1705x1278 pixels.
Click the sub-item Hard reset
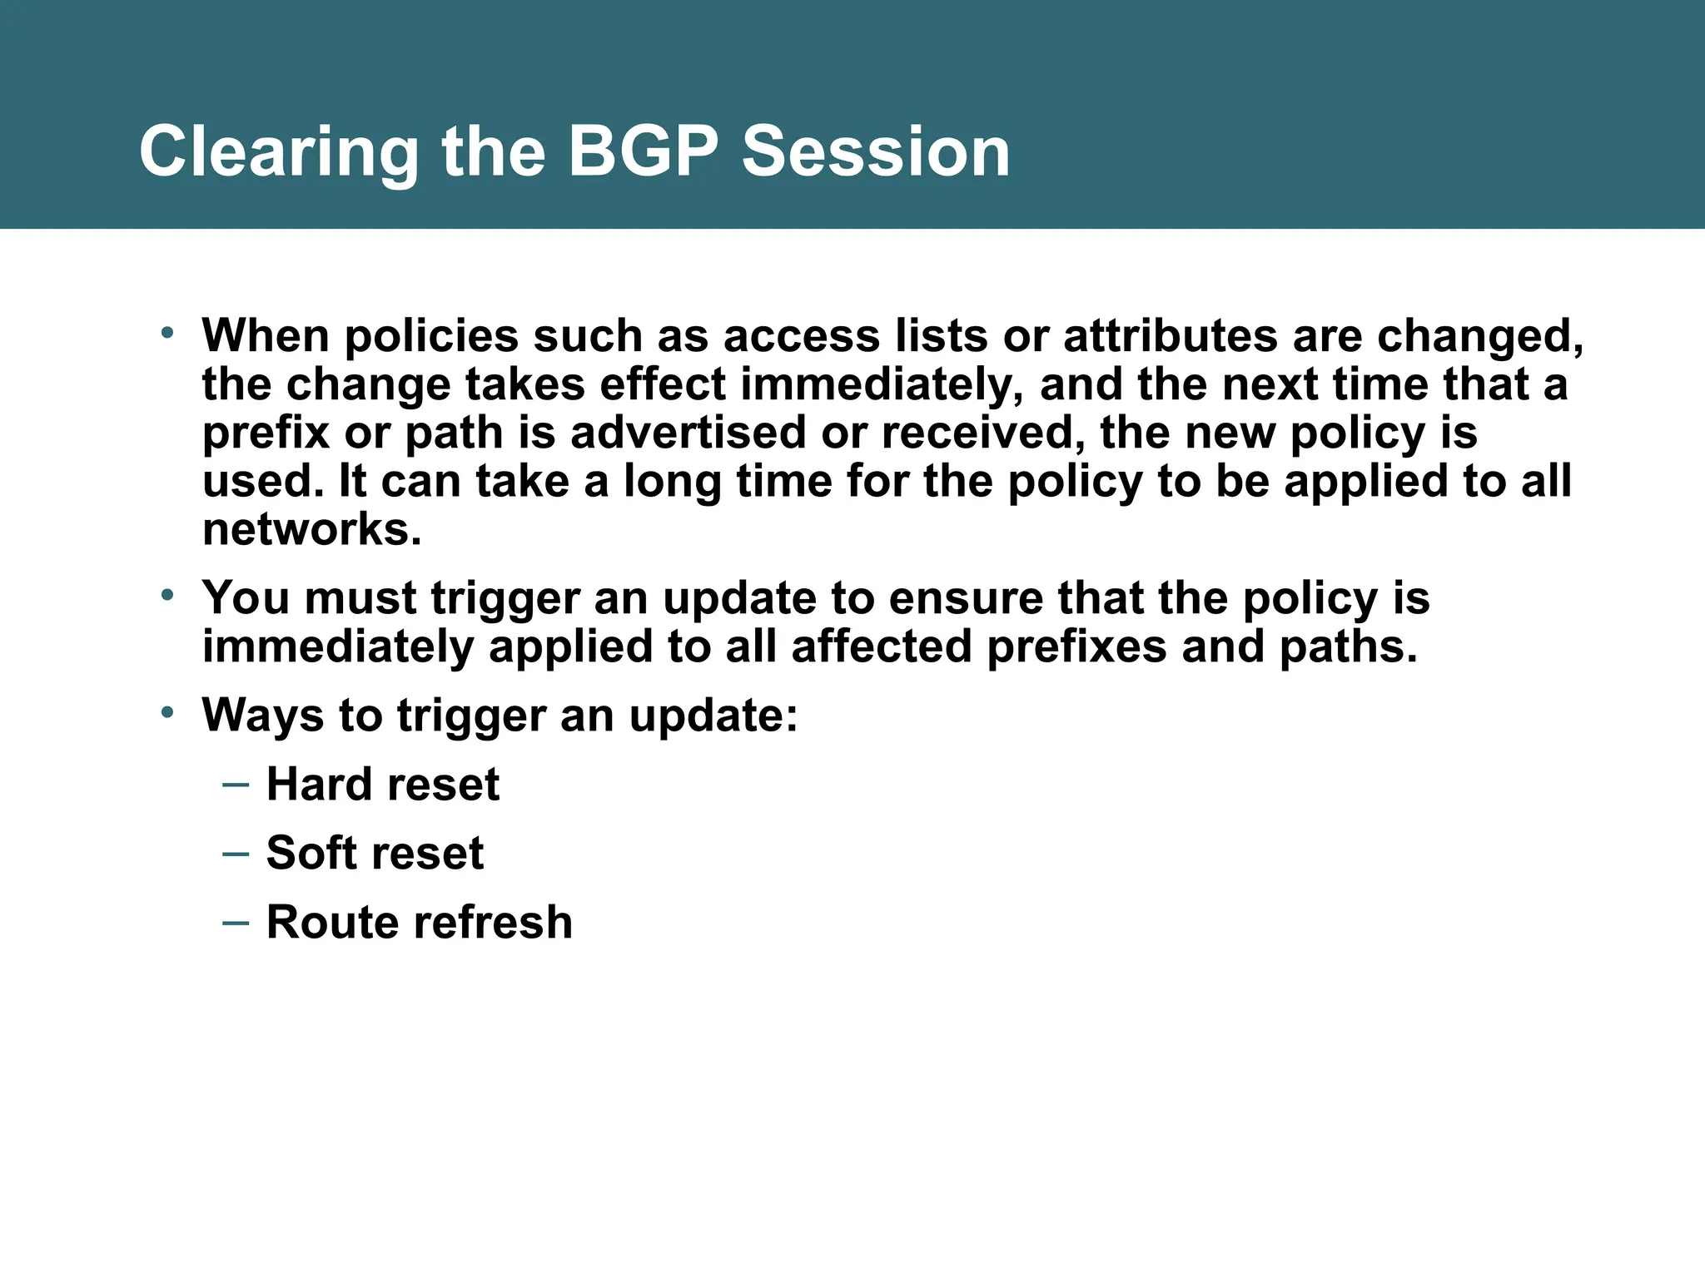[x=382, y=784]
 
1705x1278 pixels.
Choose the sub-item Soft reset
[x=375, y=853]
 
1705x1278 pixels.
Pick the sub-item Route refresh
[x=419, y=922]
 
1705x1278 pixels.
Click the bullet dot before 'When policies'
[x=167, y=333]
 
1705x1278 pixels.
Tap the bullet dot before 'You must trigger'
[x=167, y=595]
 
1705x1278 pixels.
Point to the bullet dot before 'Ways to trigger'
[x=167, y=712]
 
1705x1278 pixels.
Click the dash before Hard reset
[x=236, y=784]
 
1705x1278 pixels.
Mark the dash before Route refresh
[x=236, y=922]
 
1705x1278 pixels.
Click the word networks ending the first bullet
[x=311, y=529]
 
